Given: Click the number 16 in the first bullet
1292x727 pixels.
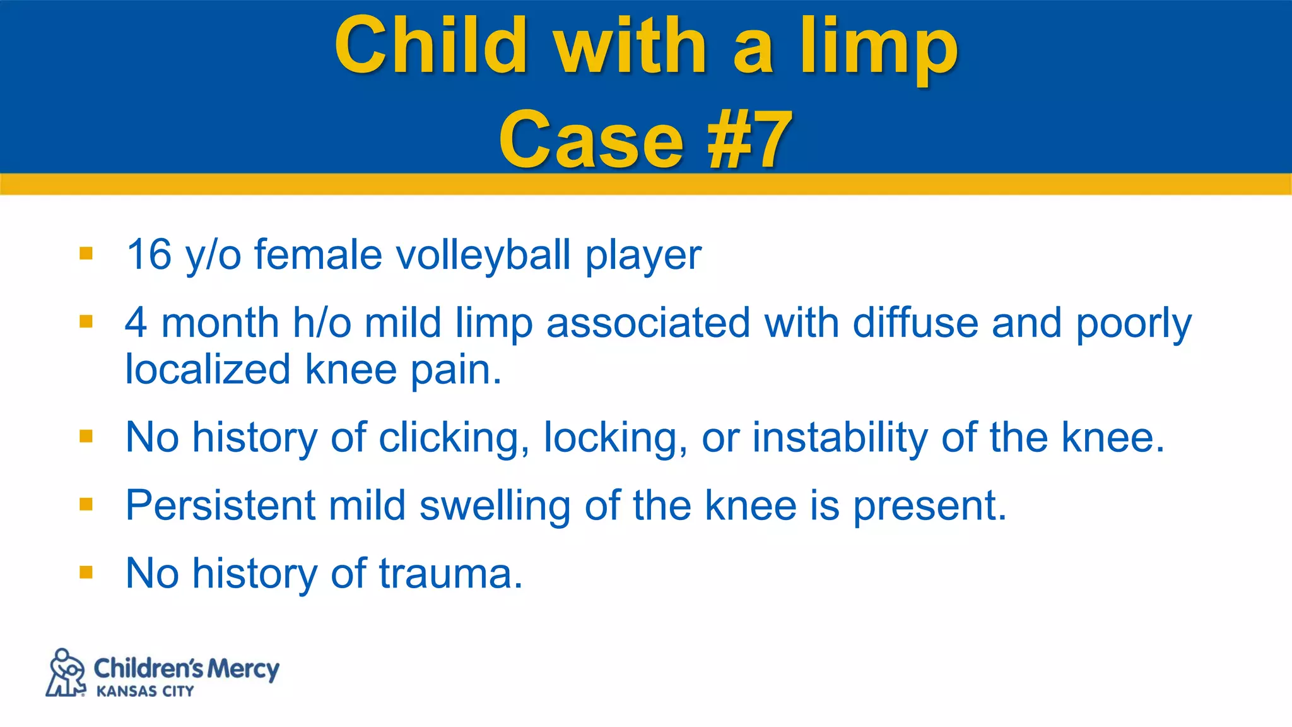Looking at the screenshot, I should pos(149,254).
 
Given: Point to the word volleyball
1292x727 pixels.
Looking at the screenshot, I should pos(483,256).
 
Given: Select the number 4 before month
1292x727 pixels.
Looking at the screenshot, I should pos(136,322).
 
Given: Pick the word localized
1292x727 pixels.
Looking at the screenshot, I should pos(208,369).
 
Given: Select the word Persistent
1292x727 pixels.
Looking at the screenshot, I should pos(220,505).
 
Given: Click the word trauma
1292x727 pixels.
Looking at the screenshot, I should pos(450,574).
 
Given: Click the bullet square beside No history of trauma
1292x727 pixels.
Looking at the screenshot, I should pos(86,572).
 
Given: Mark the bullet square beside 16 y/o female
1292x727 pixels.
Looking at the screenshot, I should pos(86,254).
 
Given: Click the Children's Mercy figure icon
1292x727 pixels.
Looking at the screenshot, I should pos(66,673).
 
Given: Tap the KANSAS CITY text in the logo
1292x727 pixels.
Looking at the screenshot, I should pos(144,692).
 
